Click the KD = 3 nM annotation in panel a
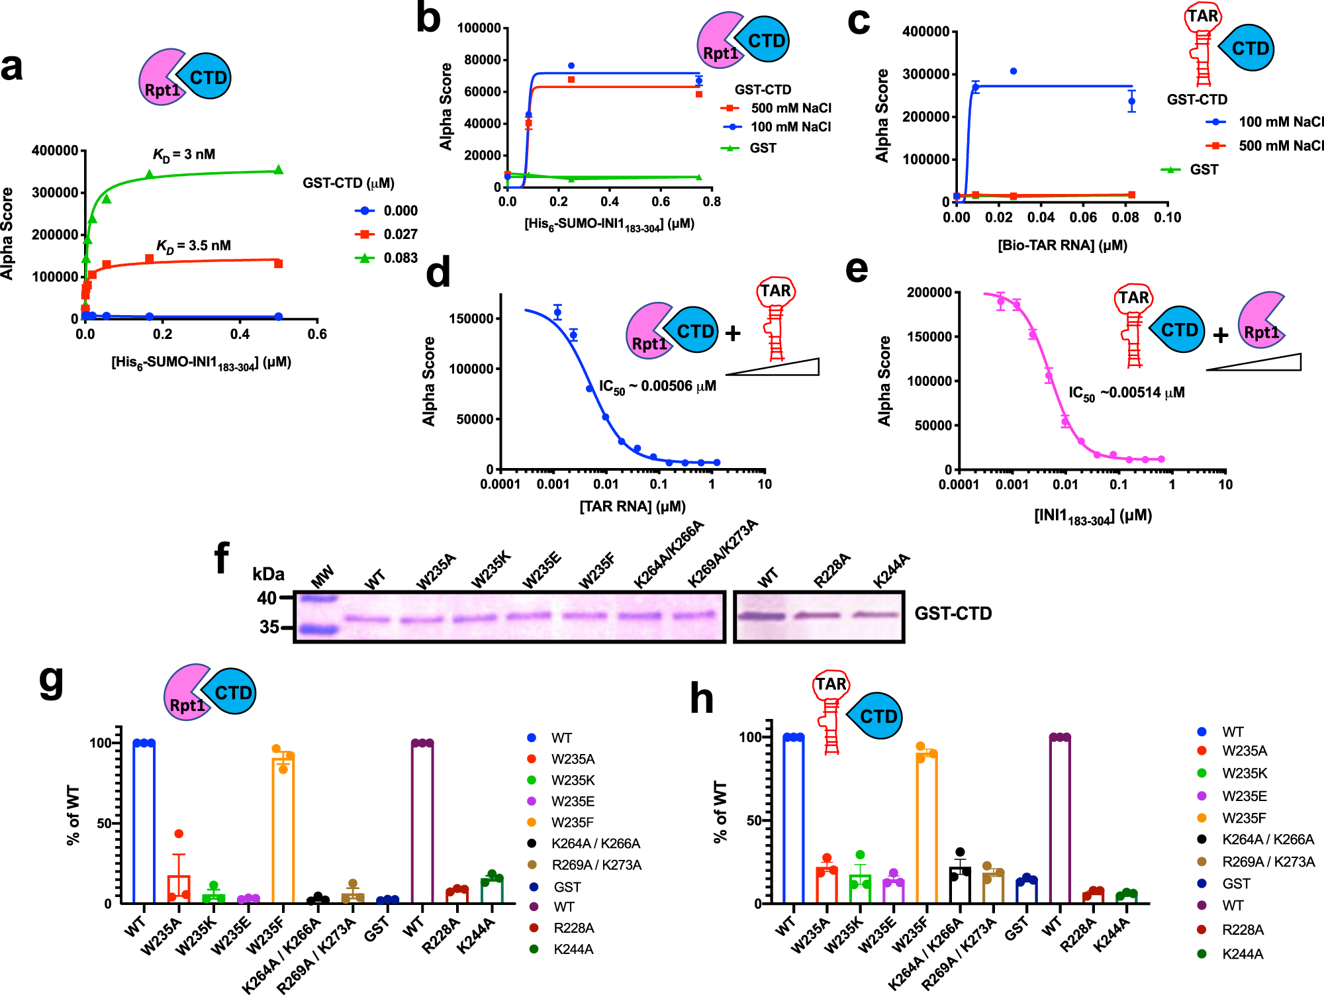pos(184,155)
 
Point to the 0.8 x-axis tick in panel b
pos(711,202)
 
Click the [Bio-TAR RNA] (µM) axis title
pos(1062,246)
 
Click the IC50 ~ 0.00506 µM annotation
pos(657,387)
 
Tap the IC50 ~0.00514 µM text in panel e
pos(1126,393)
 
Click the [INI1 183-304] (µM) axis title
pos(1092,516)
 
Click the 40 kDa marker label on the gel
pos(266,598)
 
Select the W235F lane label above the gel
pos(596,571)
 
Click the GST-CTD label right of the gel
pos(953,614)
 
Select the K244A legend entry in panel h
pos(1242,954)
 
